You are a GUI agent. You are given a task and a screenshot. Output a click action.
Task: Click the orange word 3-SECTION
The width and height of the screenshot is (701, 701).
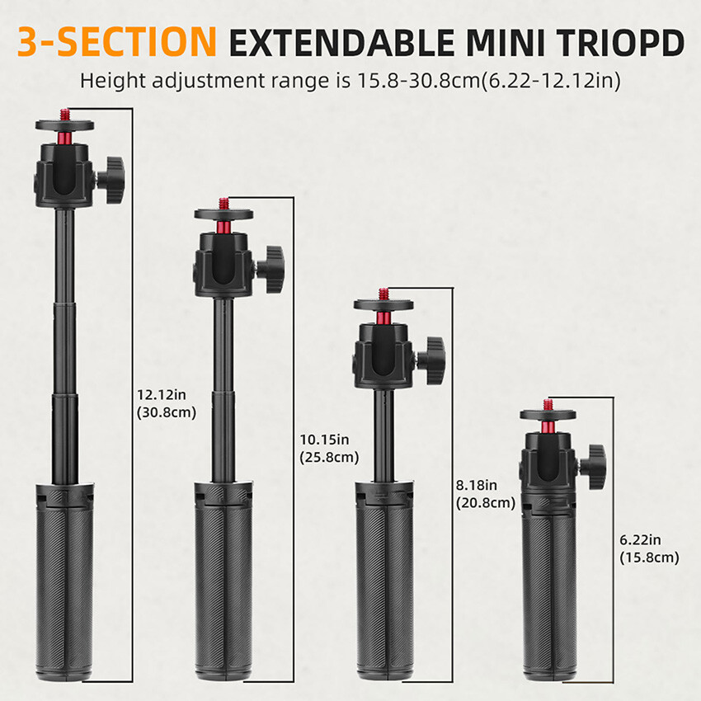click(x=117, y=41)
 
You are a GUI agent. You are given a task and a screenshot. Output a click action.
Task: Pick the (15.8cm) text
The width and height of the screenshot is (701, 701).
click(x=649, y=557)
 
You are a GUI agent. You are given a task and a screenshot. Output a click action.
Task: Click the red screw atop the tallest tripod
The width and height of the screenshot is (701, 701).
click(x=64, y=113)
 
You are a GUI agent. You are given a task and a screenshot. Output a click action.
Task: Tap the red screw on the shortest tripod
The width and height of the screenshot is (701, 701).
click(x=548, y=406)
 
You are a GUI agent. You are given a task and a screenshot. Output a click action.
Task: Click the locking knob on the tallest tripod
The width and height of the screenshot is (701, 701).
click(x=110, y=173)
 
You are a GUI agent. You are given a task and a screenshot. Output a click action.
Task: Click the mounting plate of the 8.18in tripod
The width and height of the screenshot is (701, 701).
click(x=383, y=305)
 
